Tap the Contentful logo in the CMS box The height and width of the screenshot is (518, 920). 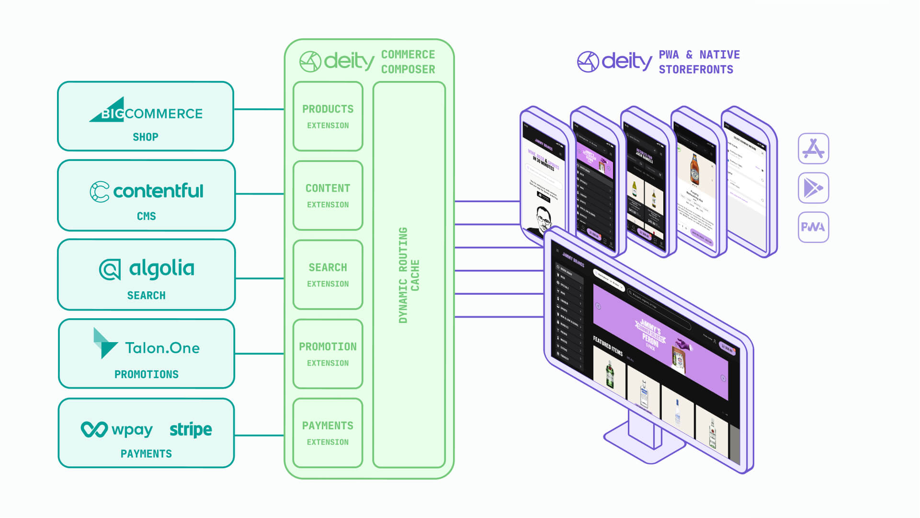(x=147, y=191)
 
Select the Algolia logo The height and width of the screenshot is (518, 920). (x=147, y=269)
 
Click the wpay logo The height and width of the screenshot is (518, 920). (x=117, y=429)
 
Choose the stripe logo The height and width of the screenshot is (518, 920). (x=191, y=429)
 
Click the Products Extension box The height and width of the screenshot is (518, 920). (x=328, y=116)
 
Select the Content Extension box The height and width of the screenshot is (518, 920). (x=328, y=196)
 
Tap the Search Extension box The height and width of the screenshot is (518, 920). (x=328, y=275)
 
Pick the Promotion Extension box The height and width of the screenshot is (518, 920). (x=328, y=354)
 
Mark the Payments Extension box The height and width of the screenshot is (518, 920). (x=328, y=433)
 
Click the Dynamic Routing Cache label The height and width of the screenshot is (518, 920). (x=409, y=275)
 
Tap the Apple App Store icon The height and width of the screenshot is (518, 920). (x=813, y=149)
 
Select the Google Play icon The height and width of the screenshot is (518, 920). (x=813, y=188)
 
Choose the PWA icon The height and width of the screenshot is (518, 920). (x=813, y=227)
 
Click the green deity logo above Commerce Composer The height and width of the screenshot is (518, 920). (x=337, y=61)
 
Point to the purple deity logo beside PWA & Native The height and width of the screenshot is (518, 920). (x=614, y=61)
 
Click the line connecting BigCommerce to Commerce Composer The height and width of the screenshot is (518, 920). (x=259, y=109)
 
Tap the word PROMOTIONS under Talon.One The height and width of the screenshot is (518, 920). (x=147, y=374)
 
